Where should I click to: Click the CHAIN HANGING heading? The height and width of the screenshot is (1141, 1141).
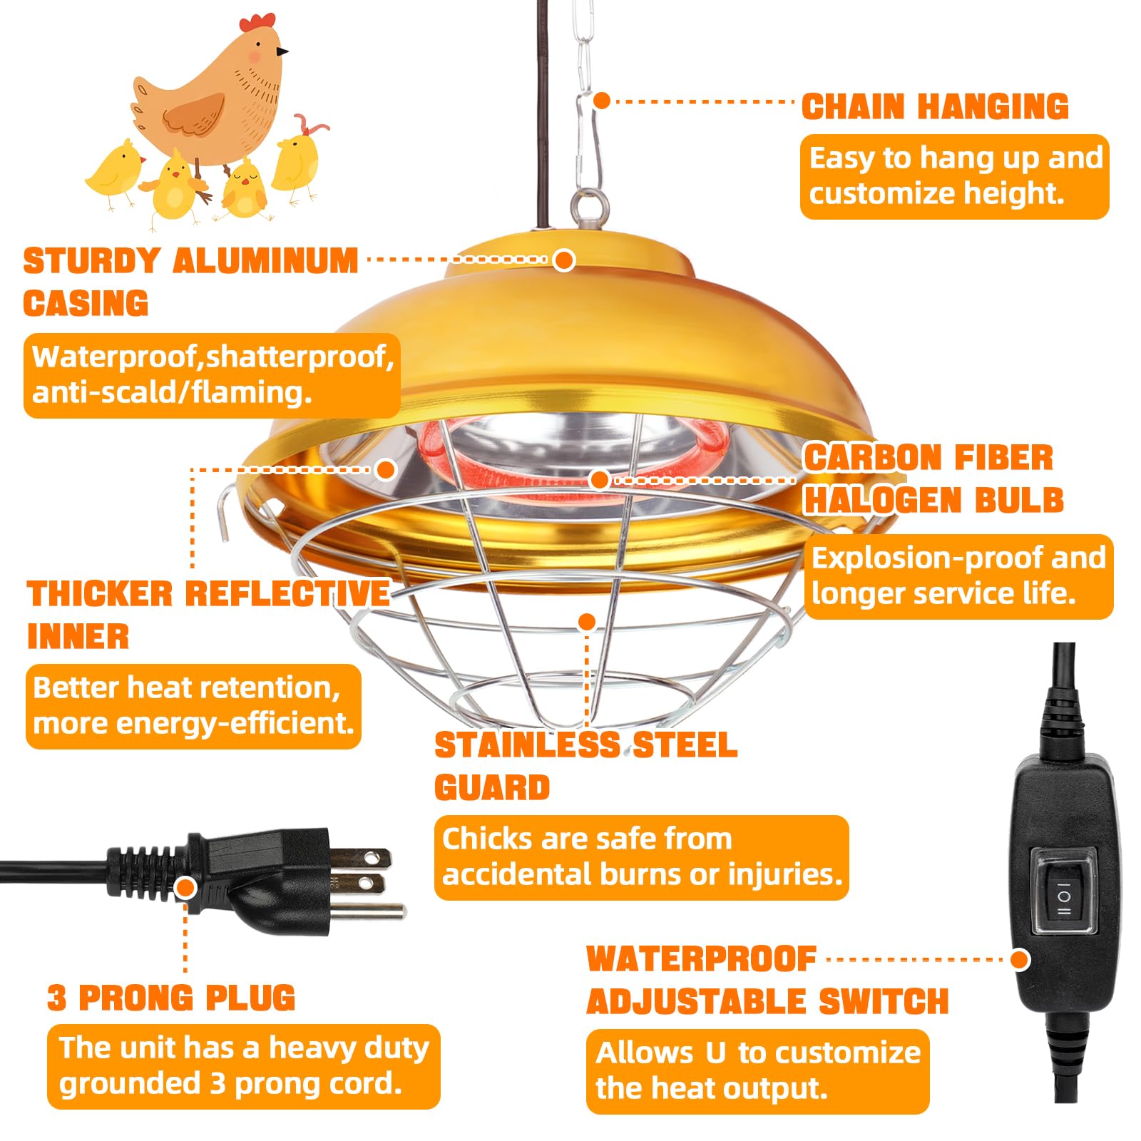tap(935, 107)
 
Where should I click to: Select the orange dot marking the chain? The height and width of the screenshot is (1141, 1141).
tap(602, 101)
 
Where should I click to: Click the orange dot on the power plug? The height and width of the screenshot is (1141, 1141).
tap(185, 888)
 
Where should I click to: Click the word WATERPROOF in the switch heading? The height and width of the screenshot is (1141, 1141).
tap(701, 959)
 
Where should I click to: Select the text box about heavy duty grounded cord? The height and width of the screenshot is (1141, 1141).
tap(244, 1066)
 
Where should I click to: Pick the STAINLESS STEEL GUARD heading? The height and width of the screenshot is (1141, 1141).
tap(585, 767)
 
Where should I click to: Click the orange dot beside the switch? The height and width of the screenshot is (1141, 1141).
tap(1020, 959)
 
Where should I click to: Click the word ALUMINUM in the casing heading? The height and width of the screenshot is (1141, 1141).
tap(265, 261)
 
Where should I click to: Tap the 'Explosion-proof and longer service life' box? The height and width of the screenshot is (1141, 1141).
tap(958, 576)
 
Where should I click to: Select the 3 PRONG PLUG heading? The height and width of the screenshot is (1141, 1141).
tap(171, 998)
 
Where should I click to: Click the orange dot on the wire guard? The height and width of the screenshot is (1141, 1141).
tap(587, 622)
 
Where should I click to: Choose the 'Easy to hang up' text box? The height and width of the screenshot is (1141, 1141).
tap(955, 176)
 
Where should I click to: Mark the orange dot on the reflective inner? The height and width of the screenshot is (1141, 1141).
tap(386, 469)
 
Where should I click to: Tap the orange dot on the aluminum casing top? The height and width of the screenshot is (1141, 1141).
tap(564, 260)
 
